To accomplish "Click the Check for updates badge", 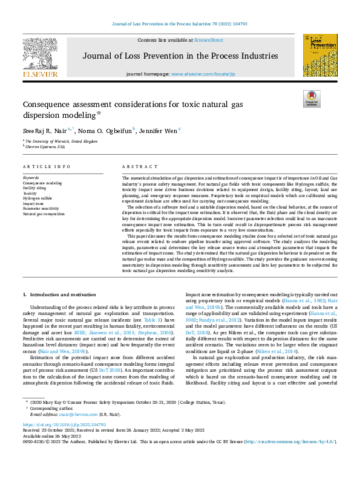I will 312,98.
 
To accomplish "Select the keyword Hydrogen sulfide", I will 38,198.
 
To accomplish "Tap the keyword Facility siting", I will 35,187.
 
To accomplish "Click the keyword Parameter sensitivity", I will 42,209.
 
